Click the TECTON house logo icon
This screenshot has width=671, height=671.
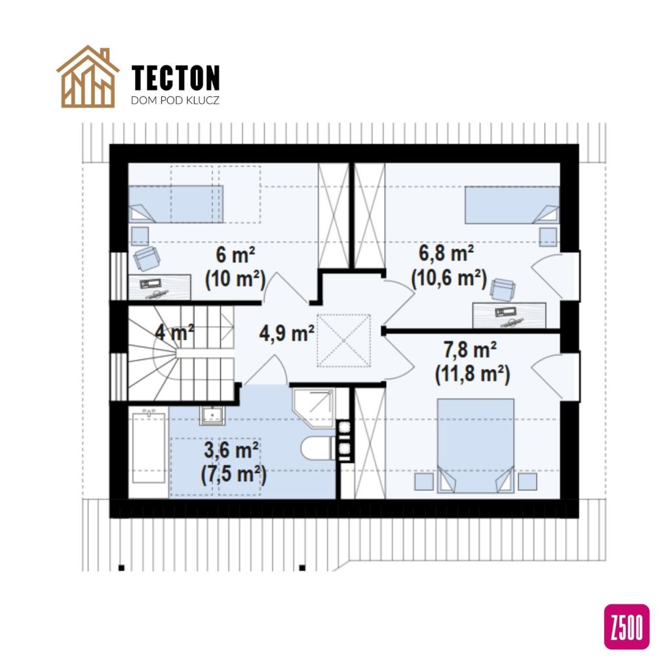(88, 77)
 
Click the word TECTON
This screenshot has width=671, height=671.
(176, 78)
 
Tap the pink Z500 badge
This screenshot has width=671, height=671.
(627, 626)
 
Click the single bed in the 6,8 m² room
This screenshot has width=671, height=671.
(512, 204)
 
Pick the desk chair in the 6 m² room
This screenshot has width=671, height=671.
(146, 259)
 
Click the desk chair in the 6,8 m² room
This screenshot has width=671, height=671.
(503, 289)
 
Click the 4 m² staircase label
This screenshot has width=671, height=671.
(174, 333)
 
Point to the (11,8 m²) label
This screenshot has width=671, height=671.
(472, 375)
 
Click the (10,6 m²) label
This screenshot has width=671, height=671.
(449, 278)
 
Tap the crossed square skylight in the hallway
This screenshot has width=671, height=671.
(343, 341)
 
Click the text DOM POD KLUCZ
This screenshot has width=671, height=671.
(175, 102)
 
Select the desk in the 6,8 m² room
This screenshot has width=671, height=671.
(509, 315)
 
